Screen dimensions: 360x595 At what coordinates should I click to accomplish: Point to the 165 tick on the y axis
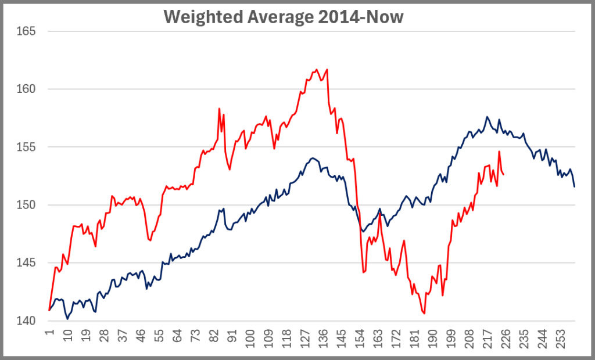(x=26, y=31)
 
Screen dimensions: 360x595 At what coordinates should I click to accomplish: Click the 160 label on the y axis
(x=26, y=89)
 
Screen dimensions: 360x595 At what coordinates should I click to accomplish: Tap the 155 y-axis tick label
(x=26, y=147)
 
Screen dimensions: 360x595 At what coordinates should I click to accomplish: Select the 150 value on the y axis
(x=26, y=205)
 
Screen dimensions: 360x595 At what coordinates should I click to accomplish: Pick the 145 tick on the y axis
(x=26, y=263)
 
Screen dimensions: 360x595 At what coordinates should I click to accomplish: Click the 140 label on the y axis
(x=26, y=321)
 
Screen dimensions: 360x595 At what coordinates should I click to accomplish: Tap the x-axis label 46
(x=140, y=336)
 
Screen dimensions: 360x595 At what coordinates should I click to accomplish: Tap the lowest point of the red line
(x=424, y=314)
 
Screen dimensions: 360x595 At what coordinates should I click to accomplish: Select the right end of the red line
(x=503, y=174)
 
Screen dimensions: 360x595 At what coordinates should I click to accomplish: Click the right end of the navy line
(x=575, y=186)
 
